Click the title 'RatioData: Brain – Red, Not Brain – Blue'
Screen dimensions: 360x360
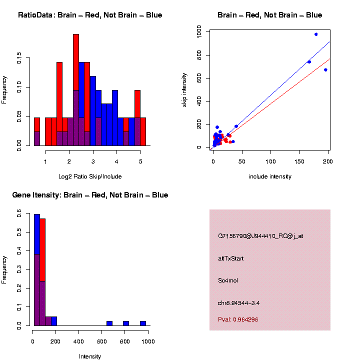90,15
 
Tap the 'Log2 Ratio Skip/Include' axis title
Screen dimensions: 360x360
90,176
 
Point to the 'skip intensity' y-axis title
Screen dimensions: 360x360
184,89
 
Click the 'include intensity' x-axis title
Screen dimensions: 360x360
270,176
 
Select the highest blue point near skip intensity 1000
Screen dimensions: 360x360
316,34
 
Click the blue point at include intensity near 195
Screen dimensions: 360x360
325,70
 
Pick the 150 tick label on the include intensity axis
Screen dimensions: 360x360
299,162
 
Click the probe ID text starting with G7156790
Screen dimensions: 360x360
260,236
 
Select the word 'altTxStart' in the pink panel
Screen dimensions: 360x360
231,258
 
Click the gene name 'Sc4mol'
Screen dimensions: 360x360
228,280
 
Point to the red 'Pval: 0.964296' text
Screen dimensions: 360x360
238,319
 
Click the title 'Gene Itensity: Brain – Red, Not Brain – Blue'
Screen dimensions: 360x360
90,195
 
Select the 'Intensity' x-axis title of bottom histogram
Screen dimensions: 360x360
90,356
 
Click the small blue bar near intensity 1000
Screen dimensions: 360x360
143,323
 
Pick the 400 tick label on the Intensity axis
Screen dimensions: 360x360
78,342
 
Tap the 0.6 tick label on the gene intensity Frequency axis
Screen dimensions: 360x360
20,213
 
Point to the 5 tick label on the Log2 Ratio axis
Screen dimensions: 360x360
140,162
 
